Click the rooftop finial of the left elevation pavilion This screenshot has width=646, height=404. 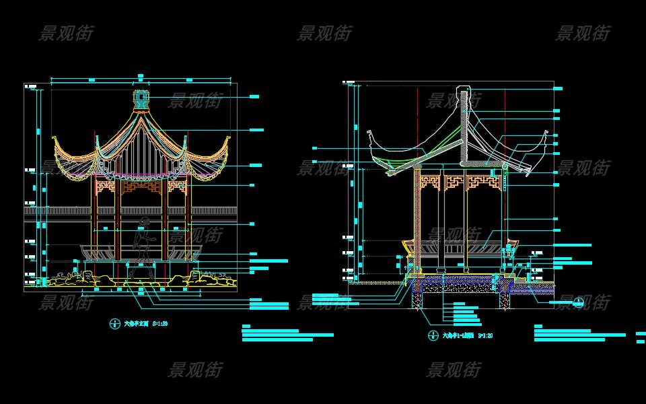pyautogui.click(x=141, y=100)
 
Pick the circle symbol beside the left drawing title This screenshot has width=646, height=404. pyautogui.click(x=113, y=323)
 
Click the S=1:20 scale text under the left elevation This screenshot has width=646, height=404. pyautogui.click(x=159, y=324)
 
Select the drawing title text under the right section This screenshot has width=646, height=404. pyautogui.click(x=458, y=335)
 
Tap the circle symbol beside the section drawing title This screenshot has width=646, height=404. pyautogui.click(x=433, y=335)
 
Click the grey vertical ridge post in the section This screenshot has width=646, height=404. pyautogui.click(x=464, y=128)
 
